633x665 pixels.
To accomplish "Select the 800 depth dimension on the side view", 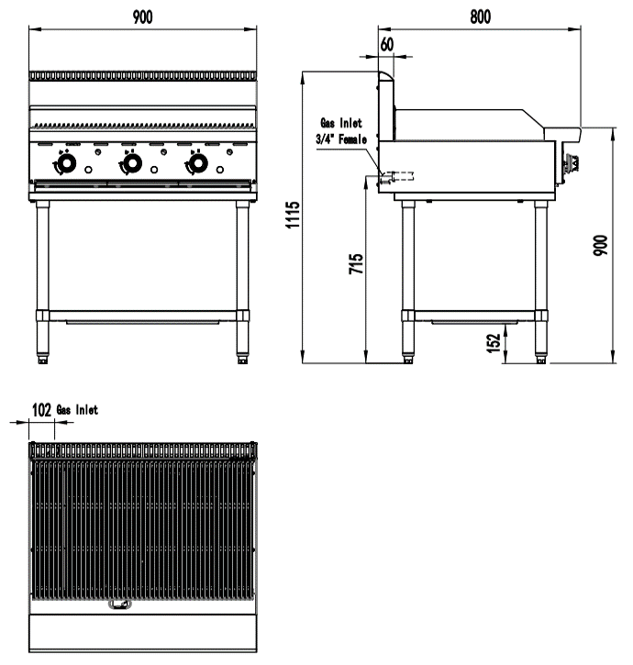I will tap(480, 17).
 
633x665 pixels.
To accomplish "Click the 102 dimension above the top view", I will tap(41, 410).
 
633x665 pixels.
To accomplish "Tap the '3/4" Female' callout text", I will tap(341, 139).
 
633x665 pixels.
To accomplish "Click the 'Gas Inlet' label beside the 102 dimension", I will tap(78, 410).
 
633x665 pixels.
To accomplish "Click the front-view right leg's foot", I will tap(241, 360).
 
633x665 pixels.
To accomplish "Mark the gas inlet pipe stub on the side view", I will tap(398, 175).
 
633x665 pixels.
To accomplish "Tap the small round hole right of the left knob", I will tap(88, 170).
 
